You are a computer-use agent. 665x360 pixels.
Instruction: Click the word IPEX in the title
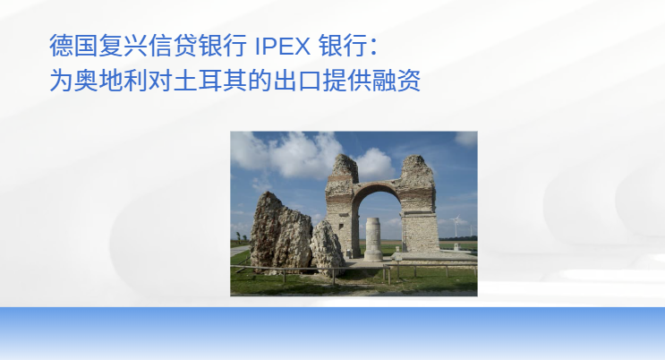point(283,47)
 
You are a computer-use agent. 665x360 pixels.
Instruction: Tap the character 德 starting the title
point(61,46)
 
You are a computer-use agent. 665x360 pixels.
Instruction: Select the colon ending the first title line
point(373,47)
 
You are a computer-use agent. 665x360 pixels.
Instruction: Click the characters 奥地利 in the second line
point(110,81)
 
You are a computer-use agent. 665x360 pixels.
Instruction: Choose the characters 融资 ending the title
point(396,81)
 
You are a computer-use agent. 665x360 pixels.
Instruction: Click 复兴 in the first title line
point(123,46)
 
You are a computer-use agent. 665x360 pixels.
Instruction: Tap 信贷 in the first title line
point(173,46)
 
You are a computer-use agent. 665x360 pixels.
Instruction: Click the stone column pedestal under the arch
point(373,239)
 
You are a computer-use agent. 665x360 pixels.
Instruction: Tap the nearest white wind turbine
point(456,225)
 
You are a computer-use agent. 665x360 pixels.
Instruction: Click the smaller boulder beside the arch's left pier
point(327,247)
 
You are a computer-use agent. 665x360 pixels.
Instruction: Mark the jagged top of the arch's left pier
point(344,166)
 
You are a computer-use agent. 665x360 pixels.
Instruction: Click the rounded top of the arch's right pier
point(417,168)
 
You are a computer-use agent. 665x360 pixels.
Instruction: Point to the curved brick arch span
point(377,188)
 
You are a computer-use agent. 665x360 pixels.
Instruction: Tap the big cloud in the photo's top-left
point(287,154)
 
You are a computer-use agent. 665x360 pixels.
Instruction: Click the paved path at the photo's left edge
point(239,251)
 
